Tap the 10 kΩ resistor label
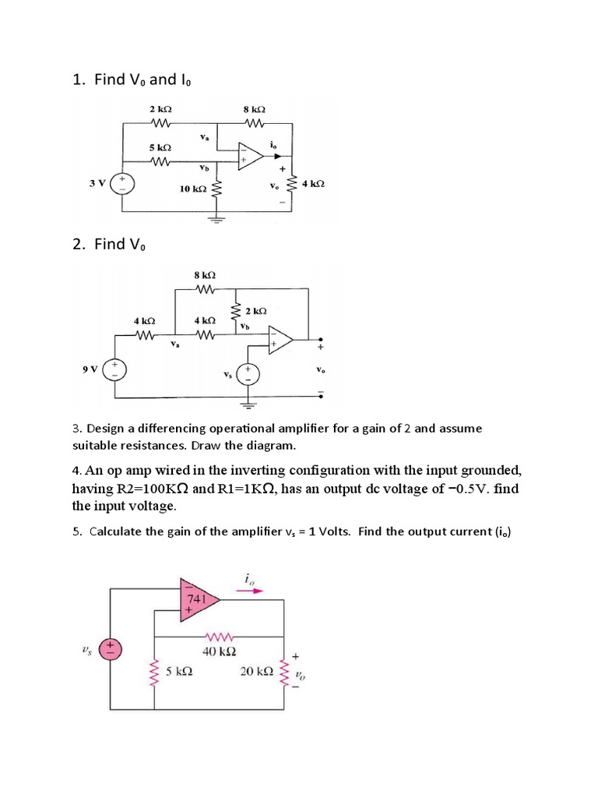coord(193,189)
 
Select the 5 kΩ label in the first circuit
coord(160,147)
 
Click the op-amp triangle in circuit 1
coord(251,154)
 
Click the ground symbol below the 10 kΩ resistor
coord(217,219)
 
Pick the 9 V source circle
coord(114,368)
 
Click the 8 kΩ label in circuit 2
coord(205,275)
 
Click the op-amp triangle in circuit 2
coord(279,340)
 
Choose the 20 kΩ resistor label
coord(256,671)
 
